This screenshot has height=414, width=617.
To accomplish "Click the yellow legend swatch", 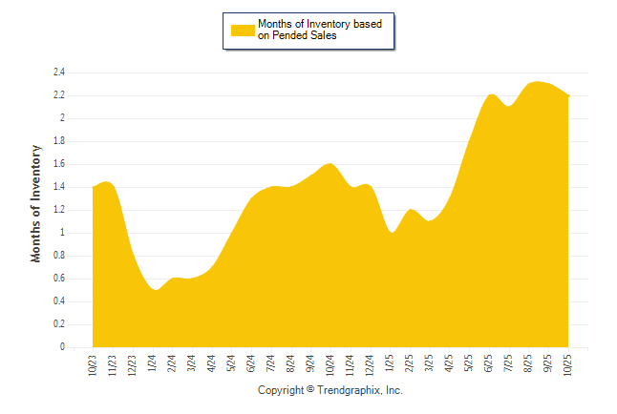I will (x=243, y=30).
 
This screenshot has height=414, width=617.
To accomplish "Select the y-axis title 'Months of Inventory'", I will (x=36, y=203).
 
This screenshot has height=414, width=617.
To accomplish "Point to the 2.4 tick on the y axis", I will (x=58, y=72).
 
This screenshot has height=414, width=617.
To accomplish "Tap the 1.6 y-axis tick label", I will (x=58, y=164).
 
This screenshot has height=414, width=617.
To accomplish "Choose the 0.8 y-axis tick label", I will (x=58, y=256).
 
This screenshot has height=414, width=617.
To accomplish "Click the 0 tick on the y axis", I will (x=61, y=347).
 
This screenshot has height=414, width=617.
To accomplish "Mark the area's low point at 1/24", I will (x=155, y=289).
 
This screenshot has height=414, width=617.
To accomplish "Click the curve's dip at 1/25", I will (x=392, y=233).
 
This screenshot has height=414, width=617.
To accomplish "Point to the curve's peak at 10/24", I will (x=330, y=164).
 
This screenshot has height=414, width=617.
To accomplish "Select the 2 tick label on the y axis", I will (x=61, y=118).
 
